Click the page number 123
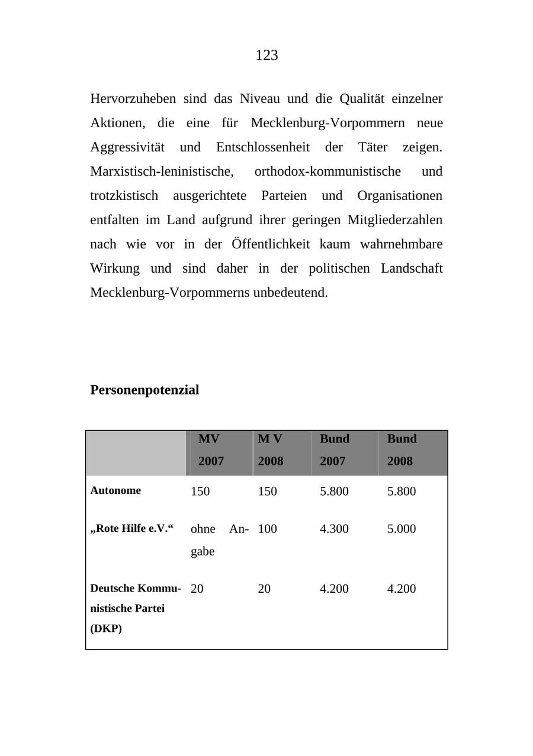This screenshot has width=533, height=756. [266, 56]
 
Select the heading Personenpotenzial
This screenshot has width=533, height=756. [145, 390]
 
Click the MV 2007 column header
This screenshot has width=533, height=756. [211, 450]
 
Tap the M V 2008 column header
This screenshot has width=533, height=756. [271, 450]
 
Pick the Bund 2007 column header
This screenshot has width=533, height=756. [335, 450]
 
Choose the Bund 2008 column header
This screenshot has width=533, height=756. [402, 450]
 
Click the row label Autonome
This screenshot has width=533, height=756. [115, 490]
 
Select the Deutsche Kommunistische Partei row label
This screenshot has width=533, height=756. [135, 608]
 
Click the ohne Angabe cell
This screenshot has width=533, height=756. [219, 539]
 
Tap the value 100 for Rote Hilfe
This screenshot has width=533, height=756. [267, 529]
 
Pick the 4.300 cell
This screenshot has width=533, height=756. [334, 529]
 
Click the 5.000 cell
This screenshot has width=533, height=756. [402, 529]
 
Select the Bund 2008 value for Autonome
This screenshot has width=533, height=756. [402, 492]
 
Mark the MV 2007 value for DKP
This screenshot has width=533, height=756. [197, 589]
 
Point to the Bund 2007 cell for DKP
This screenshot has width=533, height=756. [334, 589]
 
